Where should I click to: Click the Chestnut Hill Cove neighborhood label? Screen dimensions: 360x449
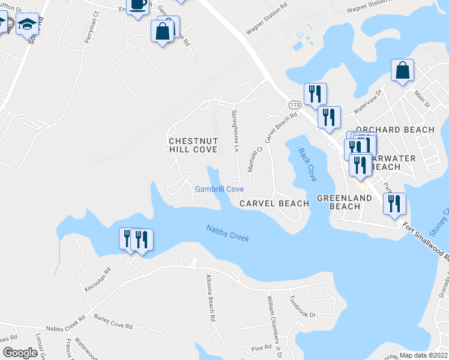pos(193,145)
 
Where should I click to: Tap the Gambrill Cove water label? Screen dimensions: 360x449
pos(219,189)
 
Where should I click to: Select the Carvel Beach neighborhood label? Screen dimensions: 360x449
pos(274,203)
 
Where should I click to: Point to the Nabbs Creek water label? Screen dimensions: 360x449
pos(228,233)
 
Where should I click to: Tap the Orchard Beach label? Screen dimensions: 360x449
pos(394,130)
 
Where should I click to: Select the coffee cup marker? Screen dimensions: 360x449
pos(138,5)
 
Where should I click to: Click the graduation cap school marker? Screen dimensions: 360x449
pos(27,26)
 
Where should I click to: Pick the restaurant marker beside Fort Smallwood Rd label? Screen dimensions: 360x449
pos(394,204)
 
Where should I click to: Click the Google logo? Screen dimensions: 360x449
pos(20,353)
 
